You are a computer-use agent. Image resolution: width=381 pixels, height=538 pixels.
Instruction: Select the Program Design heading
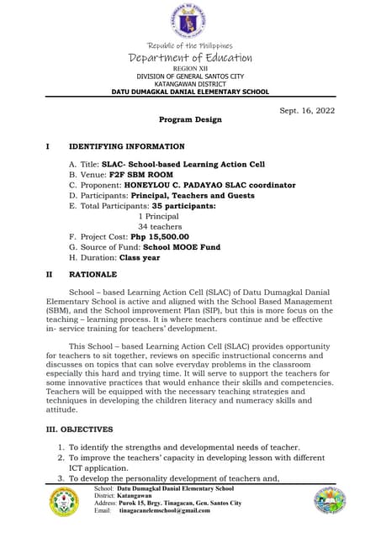click(x=190, y=119)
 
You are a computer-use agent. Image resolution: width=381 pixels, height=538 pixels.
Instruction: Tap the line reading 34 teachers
click(x=160, y=226)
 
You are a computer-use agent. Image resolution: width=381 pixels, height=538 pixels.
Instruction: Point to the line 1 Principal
click(x=158, y=216)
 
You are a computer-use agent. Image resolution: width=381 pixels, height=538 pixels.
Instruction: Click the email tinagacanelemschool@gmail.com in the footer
click(x=164, y=510)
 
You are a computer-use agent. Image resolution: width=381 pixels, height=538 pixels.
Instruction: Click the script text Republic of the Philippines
click(x=189, y=45)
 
